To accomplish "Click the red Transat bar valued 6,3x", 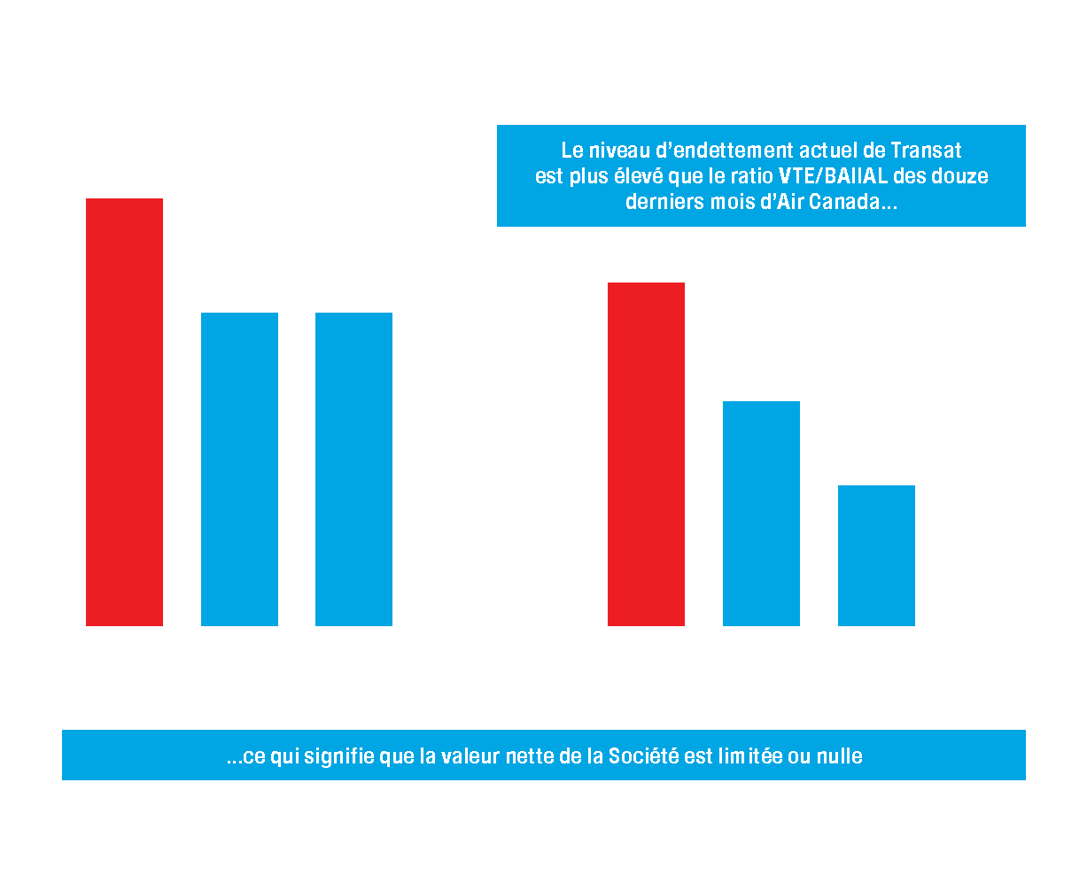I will pyautogui.click(x=124, y=412).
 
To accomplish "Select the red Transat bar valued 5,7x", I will pyautogui.click(x=646, y=454).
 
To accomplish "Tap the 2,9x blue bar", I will pyautogui.click(x=761, y=514).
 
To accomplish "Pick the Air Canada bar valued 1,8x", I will pyautogui.click(x=876, y=555).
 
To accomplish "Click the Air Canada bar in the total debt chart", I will pyautogui.click(x=353, y=469).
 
